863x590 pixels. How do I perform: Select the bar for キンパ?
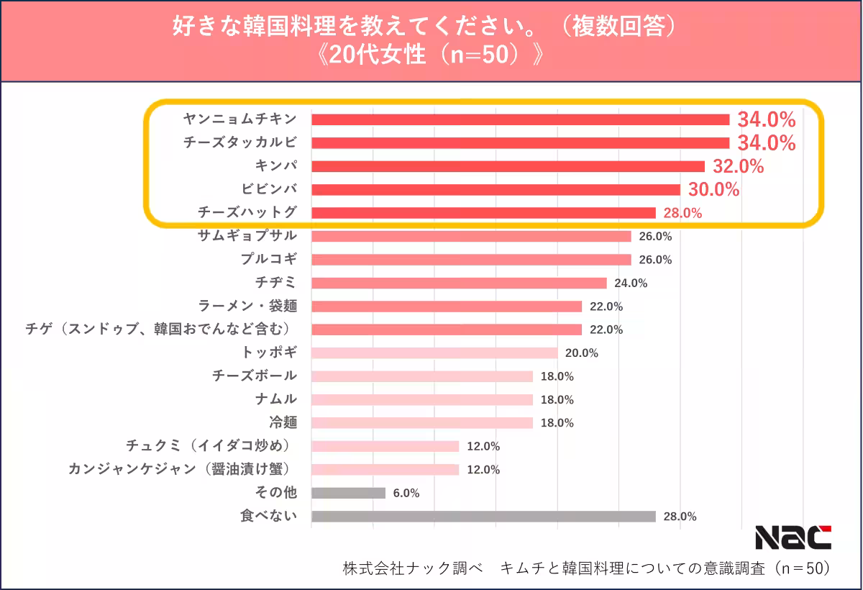tap(508, 166)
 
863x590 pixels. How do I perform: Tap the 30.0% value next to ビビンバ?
tap(714, 190)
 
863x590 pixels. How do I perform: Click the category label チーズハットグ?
tap(247, 212)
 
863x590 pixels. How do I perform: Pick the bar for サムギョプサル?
tap(471, 236)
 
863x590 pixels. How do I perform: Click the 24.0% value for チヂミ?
tap(631, 283)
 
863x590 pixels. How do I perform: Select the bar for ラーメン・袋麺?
tap(446, 307)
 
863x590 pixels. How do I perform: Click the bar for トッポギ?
tap(434, 353)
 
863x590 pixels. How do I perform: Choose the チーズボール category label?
tap(255, 376)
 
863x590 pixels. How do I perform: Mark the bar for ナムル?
tap(421, 399)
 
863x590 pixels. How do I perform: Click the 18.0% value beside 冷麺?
tap(557, 423)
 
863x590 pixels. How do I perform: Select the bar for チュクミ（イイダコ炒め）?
tap(385, 446)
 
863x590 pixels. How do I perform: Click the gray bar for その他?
tap(348, 493)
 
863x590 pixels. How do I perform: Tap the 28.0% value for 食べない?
tap(680, 517)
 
